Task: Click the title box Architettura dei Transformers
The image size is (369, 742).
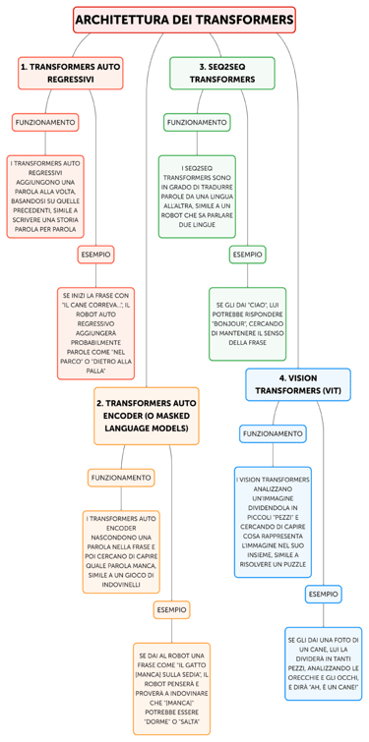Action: [184, 20]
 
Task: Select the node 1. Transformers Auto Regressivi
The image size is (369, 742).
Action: [71, 73]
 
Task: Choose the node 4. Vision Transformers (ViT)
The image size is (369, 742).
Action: [297, 384]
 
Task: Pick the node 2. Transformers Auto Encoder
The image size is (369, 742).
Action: [147, 416]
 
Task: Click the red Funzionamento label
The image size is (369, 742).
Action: [45, 123]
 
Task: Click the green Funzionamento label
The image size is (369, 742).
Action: [197, 123]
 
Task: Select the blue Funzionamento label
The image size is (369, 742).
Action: [273, 433]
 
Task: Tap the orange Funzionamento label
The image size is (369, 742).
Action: [121, 478]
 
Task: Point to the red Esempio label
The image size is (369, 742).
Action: [95, 255]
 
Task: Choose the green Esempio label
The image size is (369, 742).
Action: [247, 255]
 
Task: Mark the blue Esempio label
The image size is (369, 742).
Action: [323, 595]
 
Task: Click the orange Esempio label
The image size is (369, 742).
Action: [171, 610]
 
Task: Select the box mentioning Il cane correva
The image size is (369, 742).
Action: [95, 333]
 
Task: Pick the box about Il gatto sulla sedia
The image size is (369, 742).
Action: [171, 689]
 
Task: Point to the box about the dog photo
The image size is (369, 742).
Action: [323, 664]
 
